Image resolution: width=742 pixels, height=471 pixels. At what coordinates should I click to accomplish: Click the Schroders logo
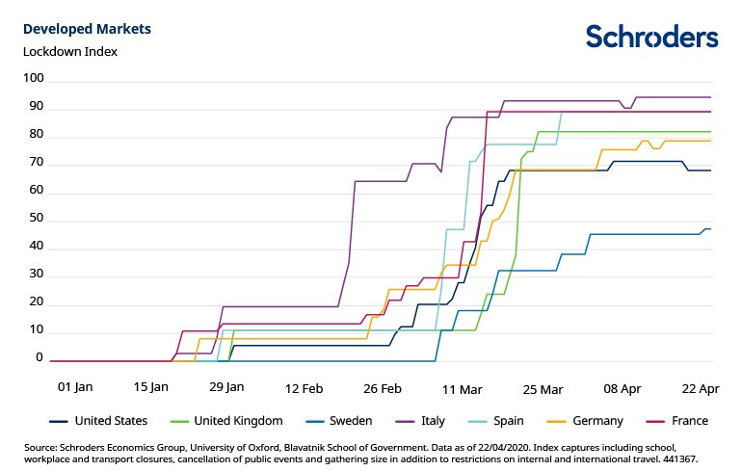coord(651,37)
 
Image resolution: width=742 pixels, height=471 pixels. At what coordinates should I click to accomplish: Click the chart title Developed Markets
coord(87,29)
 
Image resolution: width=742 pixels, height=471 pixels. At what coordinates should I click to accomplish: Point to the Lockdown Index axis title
coord(69,51)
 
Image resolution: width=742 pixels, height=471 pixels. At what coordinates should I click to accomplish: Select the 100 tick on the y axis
coord(33,78)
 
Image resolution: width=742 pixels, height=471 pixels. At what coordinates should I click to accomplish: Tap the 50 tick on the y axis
coord(36,221)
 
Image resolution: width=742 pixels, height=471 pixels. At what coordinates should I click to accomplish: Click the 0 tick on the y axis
coord(40,357)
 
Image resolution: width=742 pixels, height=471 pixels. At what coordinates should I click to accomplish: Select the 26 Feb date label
coord(383,389)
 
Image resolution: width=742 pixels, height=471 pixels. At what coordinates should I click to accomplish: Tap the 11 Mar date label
coord(462,389)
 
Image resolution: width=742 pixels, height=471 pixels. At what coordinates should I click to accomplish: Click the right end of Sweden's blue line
coord(710,229)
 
